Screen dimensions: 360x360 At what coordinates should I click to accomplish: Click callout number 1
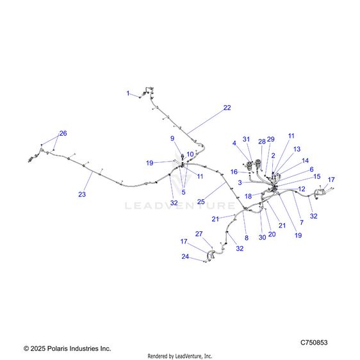pos(128,94)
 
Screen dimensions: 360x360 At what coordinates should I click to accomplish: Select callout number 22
pos(227,108)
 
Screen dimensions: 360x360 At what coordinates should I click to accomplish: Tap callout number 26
pos(63,133)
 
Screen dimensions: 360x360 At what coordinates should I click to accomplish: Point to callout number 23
pos(82,194)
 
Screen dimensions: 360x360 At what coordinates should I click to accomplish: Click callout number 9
pos(172,138)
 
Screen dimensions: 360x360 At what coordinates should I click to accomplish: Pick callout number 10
pos(190,154)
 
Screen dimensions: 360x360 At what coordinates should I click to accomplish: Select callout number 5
pos(183,192)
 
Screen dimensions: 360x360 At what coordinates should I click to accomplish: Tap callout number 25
pos(201,202)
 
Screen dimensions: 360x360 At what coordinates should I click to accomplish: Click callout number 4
pos(234,143)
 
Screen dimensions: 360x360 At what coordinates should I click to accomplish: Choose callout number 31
pos(246,139)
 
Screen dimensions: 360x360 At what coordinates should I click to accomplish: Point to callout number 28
pos(262,142)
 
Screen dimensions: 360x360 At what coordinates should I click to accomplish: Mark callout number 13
pos(297,149)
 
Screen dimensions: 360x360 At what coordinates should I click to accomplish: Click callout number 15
pos(317,176)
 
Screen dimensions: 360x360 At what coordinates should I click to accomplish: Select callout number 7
pos(302,222)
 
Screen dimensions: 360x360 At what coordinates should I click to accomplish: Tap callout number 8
pos(247,238)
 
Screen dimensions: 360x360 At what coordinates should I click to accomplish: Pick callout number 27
pos(199,234)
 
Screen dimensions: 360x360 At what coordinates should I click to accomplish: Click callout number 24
pos(185,256)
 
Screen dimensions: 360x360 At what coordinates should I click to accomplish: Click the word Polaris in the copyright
pos(57,348)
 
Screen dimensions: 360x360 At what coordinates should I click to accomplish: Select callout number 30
pos(263,237)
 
